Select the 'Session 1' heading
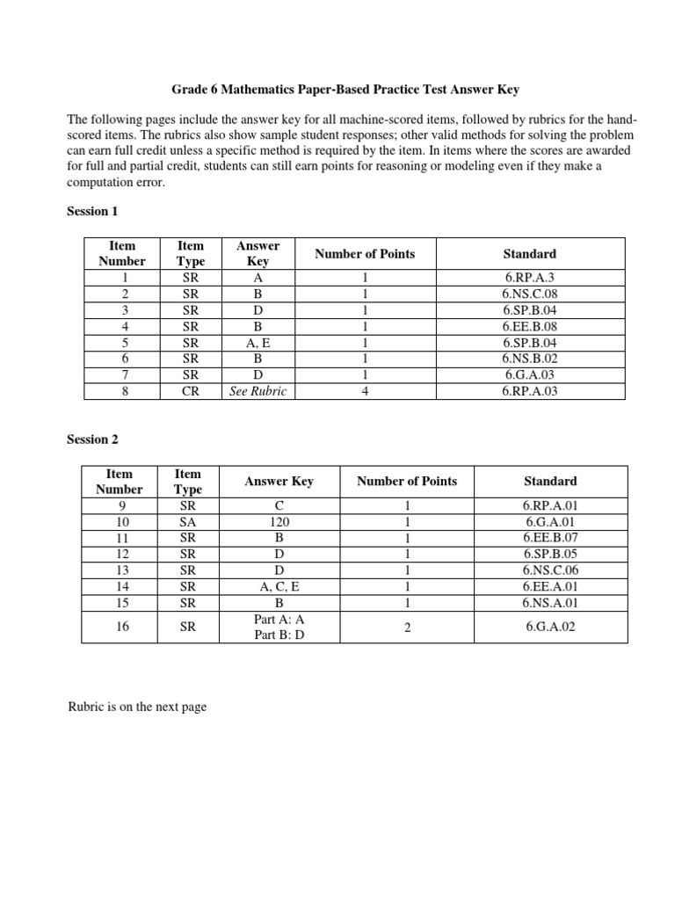tap(92, 212)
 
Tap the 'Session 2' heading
tap(92, 440)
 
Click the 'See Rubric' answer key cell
tap(258, 391)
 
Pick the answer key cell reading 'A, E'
tap(258, 343)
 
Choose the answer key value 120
tap(279, 522)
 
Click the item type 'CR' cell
tap(190, 391)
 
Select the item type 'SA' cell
tap(188, 522)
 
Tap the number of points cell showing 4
tap(365, 391)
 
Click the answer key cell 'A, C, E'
tap(279, 587)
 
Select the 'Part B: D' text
tap(279, 635)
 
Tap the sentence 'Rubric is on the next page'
tap(137, 707)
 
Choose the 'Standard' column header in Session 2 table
tap(551, 481)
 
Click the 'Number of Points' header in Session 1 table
tap(365, 254)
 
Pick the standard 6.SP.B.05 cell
tap(551, 555)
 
